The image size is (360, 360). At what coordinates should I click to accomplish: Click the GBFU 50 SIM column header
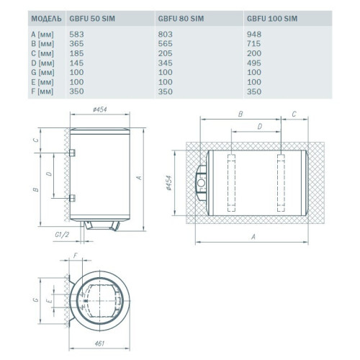click(x=92, y=19)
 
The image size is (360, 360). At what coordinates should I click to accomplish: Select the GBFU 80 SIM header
click(x=181, y=19)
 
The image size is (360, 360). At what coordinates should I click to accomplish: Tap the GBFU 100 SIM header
click(x=272, y=19)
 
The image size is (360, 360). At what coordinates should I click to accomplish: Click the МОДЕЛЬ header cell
click(x=46, y=19)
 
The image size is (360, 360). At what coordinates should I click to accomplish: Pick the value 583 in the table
click(x=76, y=35)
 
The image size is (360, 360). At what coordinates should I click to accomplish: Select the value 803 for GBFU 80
click(x=166, y=35)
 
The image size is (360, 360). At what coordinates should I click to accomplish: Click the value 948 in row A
click(x=254, y=35)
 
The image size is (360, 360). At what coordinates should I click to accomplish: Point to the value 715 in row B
click(x=253, y=44)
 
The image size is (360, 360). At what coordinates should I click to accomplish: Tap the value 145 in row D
click(x=76, y=63)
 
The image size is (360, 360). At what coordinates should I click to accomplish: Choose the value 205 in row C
click(x=166, y=53)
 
